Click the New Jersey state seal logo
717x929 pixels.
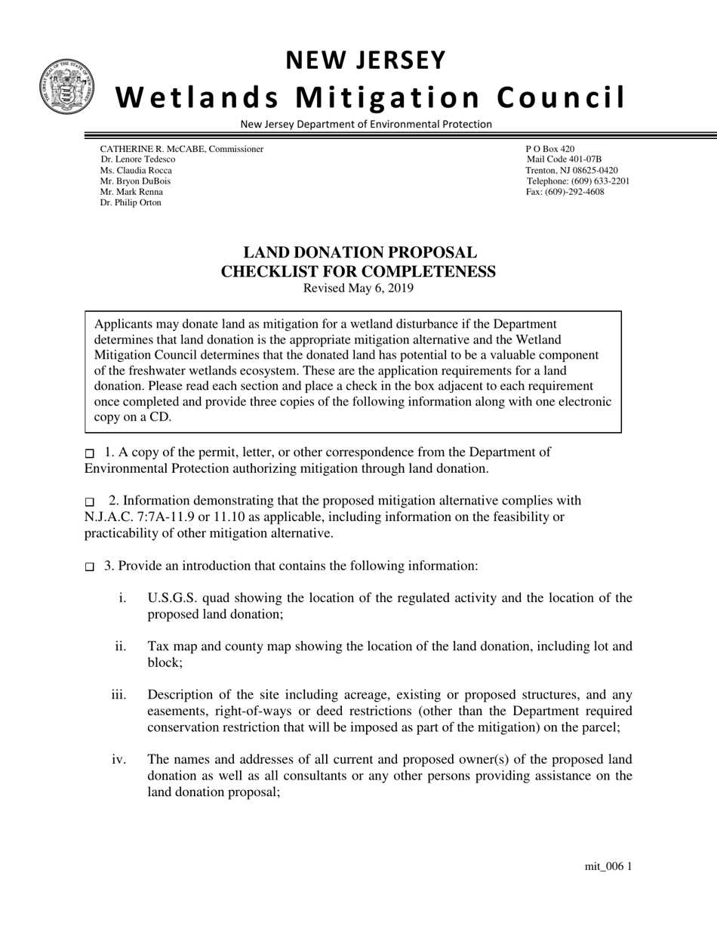(67, 87)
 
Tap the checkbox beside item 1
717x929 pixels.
(90, 454)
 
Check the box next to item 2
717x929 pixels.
(90, 502)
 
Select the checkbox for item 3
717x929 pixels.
(90, 567)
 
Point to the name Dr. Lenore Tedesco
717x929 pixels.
(137, 159)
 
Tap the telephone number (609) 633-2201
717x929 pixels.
(577, 181)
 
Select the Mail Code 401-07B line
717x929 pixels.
(564, 159)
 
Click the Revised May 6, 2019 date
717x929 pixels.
(358, 289)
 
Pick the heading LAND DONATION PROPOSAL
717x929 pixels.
(359, 253)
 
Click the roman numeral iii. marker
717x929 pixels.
(118, 694)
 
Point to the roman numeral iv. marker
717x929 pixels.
(118, 759)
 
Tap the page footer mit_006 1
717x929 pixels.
(608, 866)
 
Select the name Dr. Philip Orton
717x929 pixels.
(131, 202)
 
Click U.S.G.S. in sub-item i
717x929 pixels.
(173, 598)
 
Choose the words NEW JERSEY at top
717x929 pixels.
(366, 60)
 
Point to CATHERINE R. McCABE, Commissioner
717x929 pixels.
(182, 149)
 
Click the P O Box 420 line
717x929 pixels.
(549, 149)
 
